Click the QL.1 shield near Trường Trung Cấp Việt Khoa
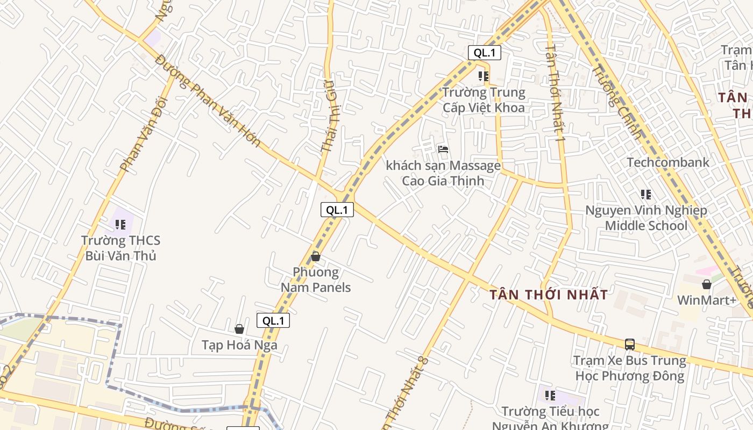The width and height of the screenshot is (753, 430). tap(485, 53)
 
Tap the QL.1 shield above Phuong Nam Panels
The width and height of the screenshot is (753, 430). tap(337, 210)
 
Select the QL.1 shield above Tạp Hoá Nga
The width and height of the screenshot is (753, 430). tap(273, 321)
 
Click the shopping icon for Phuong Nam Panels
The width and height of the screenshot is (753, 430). tap(316, 256)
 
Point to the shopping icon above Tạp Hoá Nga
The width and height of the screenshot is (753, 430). tap(239, 329)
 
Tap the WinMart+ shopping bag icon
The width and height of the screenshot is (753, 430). tap(707, 284)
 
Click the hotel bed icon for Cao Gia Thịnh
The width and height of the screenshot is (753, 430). tap(443, 149)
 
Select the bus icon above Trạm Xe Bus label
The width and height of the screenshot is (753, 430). tap(630, 344)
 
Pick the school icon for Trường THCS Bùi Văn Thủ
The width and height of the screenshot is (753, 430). tap(120, 224)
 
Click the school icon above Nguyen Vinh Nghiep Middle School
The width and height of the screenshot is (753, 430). tap(646, 194)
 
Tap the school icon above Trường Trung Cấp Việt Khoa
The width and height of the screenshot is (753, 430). tap(483, 76)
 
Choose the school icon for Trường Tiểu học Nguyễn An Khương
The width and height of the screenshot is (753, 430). tap(550, 396)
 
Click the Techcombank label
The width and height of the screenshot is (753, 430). tap(668, 162)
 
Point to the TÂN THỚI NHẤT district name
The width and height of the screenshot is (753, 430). tap(549, 295)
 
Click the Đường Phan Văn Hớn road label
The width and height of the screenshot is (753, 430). tap(208, 101)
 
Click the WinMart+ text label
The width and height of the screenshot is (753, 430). tap(707, 300)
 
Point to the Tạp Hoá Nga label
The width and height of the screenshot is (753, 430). tap(239, 345)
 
